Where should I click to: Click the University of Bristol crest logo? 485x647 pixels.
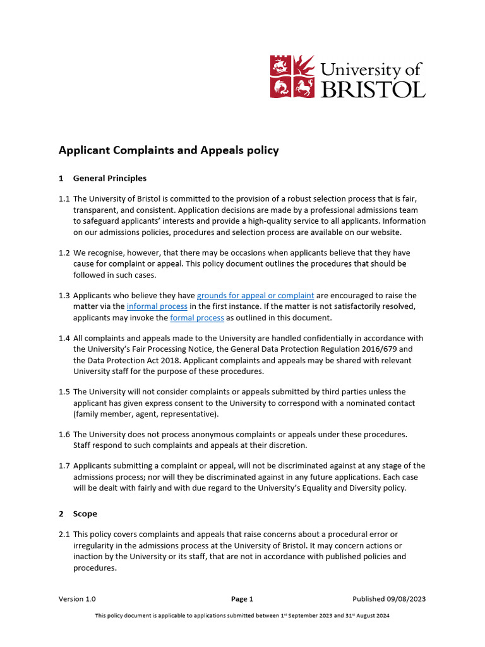click(x=292, y=76)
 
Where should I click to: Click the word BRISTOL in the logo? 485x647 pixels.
click(x=373, y=89)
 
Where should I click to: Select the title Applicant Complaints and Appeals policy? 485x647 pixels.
click(x=168, y=150)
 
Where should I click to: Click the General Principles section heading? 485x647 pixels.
click(x=109, y=178)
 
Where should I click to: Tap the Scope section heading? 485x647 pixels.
click(x=85, y=514)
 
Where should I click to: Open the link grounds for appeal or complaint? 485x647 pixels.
click(x=255, y=295)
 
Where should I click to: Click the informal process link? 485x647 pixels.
click(x=157, y=306)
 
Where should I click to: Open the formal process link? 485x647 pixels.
click(x=197, y=317)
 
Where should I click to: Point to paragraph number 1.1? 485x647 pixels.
click(x=64, y=198)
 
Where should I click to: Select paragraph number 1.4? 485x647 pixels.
click(x=64, y=338)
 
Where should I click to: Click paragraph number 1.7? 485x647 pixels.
click(x=64, y=466)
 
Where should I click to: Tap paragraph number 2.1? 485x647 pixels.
click(x=64, y=535)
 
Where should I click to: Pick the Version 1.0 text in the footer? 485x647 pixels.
click(x=77, y=598)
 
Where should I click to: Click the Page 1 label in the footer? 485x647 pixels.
click(x=242, y=598)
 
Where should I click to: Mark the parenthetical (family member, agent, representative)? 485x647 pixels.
click(x=145, y=413)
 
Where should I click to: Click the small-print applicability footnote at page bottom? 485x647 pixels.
click(x=242, y=615)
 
